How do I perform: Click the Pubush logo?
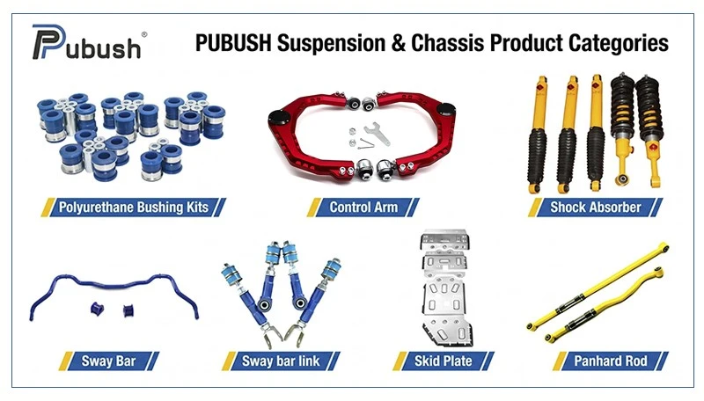[x=86, y=42]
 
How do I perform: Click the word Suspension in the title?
[x=331, y=43]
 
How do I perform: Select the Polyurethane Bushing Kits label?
[x=134, y=208]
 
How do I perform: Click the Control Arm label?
[x=363, y=208]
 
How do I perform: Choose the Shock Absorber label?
[x=596, y=208]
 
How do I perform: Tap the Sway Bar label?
[x=108, y=361]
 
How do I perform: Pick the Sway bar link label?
[x=281, y=361]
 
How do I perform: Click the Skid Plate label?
[x=444, y=361]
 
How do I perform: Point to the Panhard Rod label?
[x=610, y=361]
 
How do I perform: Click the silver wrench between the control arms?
[x=377, y=134]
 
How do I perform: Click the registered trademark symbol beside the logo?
[x=144, y=34]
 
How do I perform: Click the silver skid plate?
[x=445, y=289]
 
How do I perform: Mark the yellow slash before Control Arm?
[x=314, y=208]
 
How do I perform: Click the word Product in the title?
[x=526, y=43]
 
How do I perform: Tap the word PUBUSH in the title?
[x=233, y=43]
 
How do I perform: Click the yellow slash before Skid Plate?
[x=400, y=361]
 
